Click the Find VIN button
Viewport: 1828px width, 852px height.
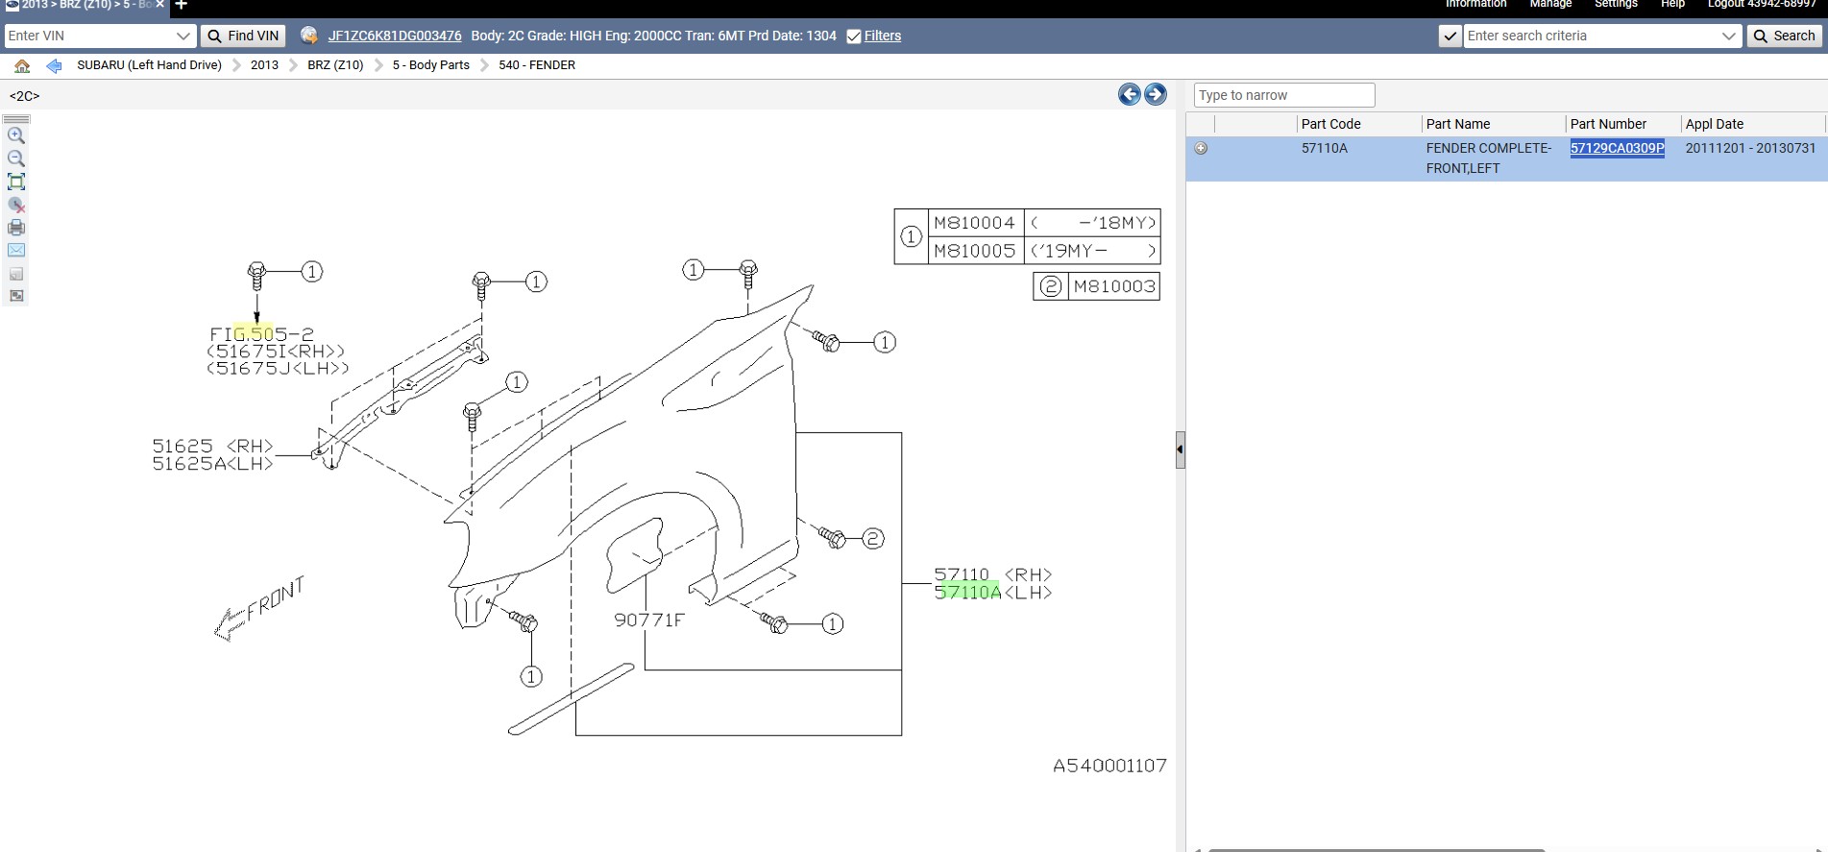[x=243, y=36]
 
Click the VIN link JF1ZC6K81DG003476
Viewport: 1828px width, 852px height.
[x=395, y=36]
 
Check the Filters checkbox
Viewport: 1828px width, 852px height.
[x=854, y=37]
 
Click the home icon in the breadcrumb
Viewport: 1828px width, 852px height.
[x=22, y=65]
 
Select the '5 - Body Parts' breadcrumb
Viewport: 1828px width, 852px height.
[x=430, y=65]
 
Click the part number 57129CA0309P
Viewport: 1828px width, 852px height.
[x=1617, y=148]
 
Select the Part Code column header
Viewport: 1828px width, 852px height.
[x=1330, y=124]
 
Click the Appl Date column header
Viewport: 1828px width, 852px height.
[x=1714, y=124]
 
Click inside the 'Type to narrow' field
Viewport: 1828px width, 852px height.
[x=1284, y=95]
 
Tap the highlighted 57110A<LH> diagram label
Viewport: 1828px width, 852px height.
[x=993, y=593]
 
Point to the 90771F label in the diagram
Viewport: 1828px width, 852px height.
[x=649, y=621]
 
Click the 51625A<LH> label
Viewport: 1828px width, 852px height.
[x=212, y=464]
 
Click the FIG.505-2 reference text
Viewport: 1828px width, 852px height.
[x=261, y=334]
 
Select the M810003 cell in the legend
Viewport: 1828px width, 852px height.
[x=1114, y=286]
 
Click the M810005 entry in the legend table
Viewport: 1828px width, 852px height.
[x=974, y=251]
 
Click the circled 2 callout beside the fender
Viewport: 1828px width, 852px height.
[x=872, y=539]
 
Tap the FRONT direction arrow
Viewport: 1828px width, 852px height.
[x=258, y=609]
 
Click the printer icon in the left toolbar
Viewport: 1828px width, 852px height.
[x=16, y=228]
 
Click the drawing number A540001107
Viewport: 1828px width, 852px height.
[x=1109, y=766]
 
